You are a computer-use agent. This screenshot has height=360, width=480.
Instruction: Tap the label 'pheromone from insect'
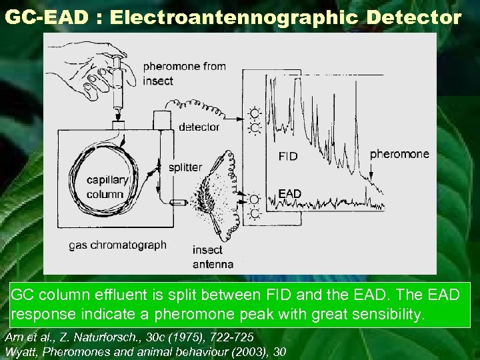pos(184,73)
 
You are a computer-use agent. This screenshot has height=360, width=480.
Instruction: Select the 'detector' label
pos(199,127)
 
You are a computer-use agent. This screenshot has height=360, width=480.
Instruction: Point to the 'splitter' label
pos(185,167)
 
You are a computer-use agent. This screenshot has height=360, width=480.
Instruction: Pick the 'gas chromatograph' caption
pos(117,245)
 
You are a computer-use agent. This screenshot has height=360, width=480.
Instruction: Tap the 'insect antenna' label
pos(213,257)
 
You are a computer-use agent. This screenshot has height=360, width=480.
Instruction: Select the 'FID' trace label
pos(287,157)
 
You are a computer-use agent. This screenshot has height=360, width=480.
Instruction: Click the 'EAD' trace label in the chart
pos(289,194)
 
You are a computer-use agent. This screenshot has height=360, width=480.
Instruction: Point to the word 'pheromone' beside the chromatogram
pos(399,154)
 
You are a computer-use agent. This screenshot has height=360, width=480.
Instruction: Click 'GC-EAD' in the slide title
pos(45,17)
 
